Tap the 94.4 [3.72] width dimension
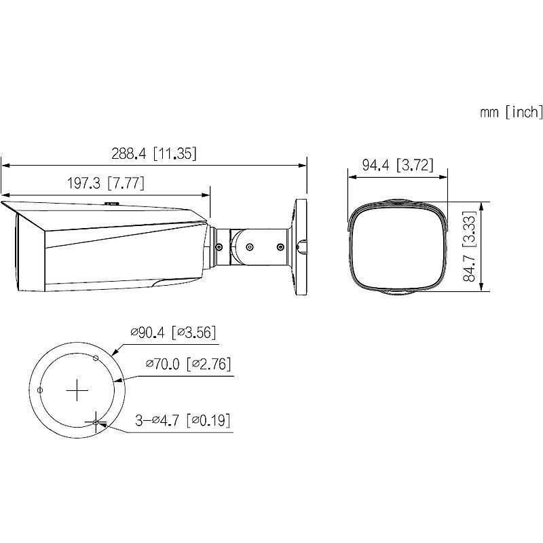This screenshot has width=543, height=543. pyautogui.click(x=397, y=165)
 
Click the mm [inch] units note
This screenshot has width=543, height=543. pyautogui.click(x=510, y=112)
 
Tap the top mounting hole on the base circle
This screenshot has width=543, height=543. pyautogui.click(x=96, y=357)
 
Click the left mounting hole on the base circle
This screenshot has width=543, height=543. pyautogui.click(x=41, y=390)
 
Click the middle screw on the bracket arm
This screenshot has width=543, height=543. pyautogui.click(x=249, y=248)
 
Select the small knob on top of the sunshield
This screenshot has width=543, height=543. pyautogui.click(x=111, y=202)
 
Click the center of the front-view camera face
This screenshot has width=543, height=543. pyautogui.click(x=397, y=248)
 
